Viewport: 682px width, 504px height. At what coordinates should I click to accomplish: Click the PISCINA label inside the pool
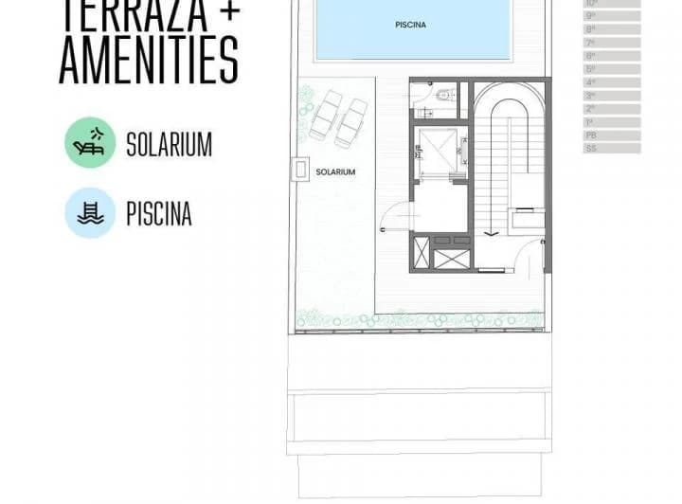tap(410, 26)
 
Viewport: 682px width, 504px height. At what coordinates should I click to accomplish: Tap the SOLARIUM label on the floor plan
tap(335, 172)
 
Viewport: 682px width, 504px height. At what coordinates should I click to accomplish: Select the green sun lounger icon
tap(90, 143)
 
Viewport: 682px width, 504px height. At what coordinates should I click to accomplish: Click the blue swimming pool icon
tap(90, 213)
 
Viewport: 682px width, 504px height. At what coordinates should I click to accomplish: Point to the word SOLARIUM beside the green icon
tap(169, 145)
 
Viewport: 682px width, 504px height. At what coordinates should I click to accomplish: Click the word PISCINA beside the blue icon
tap(158, 214)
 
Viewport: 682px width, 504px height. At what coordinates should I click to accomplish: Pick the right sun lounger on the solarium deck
tap(351, 121)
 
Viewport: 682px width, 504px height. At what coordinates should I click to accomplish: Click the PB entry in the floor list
tap(591, 135)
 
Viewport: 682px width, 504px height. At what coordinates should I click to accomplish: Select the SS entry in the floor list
tap(591, 149)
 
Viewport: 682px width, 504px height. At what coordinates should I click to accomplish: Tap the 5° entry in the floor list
tap(591, 69)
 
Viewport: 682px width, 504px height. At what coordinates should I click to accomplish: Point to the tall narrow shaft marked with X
tap(422, 254)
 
